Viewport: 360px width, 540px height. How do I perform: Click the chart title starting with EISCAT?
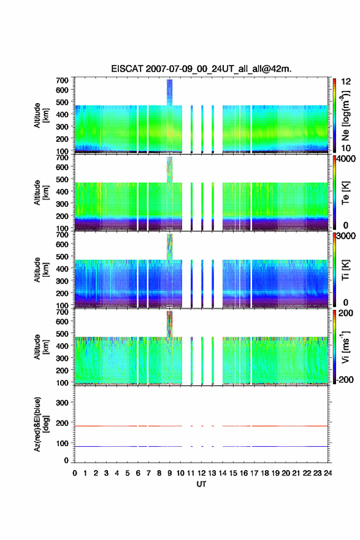click(x=201, y=69)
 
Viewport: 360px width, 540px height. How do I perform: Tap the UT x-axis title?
click(x=201, y=484)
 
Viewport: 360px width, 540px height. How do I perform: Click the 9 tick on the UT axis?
click(x=170, y=473)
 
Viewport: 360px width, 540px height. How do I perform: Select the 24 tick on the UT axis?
click(x=327, y=473)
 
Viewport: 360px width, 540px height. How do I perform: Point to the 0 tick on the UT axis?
click(x=75, y=473)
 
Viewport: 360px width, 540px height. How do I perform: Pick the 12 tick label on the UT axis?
click(x=201, y=473)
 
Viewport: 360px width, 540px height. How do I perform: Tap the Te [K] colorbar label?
click(x=345, y=193)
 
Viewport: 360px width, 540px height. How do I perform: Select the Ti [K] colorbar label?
click(x=345, y=270)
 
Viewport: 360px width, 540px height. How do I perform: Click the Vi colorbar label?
click(x=345, y=347)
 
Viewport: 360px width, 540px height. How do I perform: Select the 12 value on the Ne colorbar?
click(x=346, y=82)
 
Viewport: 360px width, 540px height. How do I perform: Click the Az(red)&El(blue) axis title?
click(x=41, y=424)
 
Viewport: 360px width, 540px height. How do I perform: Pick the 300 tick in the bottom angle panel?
click(x=62, y=403)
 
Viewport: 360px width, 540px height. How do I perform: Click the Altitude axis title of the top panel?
click(x=41, y=115)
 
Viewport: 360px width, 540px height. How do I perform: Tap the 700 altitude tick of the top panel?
click(x=62, y=80)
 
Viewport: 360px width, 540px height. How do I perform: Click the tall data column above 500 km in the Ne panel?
click(x=169, y=92)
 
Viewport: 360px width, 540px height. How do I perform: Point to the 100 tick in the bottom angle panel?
click(x=62, y=444)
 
